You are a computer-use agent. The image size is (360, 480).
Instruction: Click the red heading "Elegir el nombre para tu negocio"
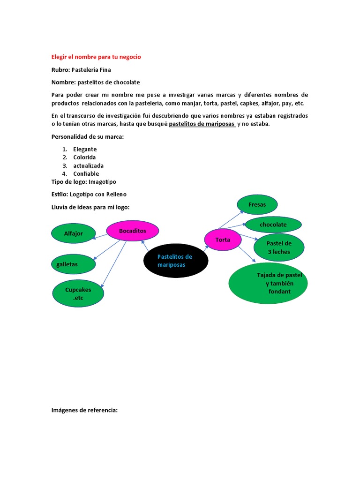(x=96, y=57)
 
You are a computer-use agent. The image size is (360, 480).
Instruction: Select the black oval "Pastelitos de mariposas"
(x=175, y=261)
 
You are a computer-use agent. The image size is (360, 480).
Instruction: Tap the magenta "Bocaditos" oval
(x=133, y=231)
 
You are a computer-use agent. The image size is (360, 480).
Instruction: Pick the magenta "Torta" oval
(x=223, y=240)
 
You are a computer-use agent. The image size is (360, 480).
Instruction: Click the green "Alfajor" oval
(x=73, y=233)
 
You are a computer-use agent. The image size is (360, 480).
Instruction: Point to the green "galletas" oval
(x=73, y=264)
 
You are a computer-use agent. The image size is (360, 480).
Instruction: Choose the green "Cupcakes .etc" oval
(x=78, y=293)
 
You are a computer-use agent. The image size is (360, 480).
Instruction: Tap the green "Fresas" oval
(x=257, y=204)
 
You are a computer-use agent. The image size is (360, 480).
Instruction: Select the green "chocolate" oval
(x=273, y=225)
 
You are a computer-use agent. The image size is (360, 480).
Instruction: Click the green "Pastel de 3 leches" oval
(x=279, y=247)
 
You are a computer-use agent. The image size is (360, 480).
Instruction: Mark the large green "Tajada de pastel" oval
(x=268, y=283)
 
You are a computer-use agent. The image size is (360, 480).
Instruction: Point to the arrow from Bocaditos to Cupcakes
(x=114, y=264)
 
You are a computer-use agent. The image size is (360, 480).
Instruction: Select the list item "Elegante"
(x=85, y=149)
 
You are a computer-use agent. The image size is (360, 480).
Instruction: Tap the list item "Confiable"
(x=86, y=174)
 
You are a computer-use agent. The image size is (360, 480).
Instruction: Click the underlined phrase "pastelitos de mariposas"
(x=202, y=124)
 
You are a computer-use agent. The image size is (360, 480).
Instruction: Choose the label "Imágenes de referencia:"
(x=84, y=410)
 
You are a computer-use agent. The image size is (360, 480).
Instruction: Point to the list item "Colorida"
(x=84, y=157)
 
